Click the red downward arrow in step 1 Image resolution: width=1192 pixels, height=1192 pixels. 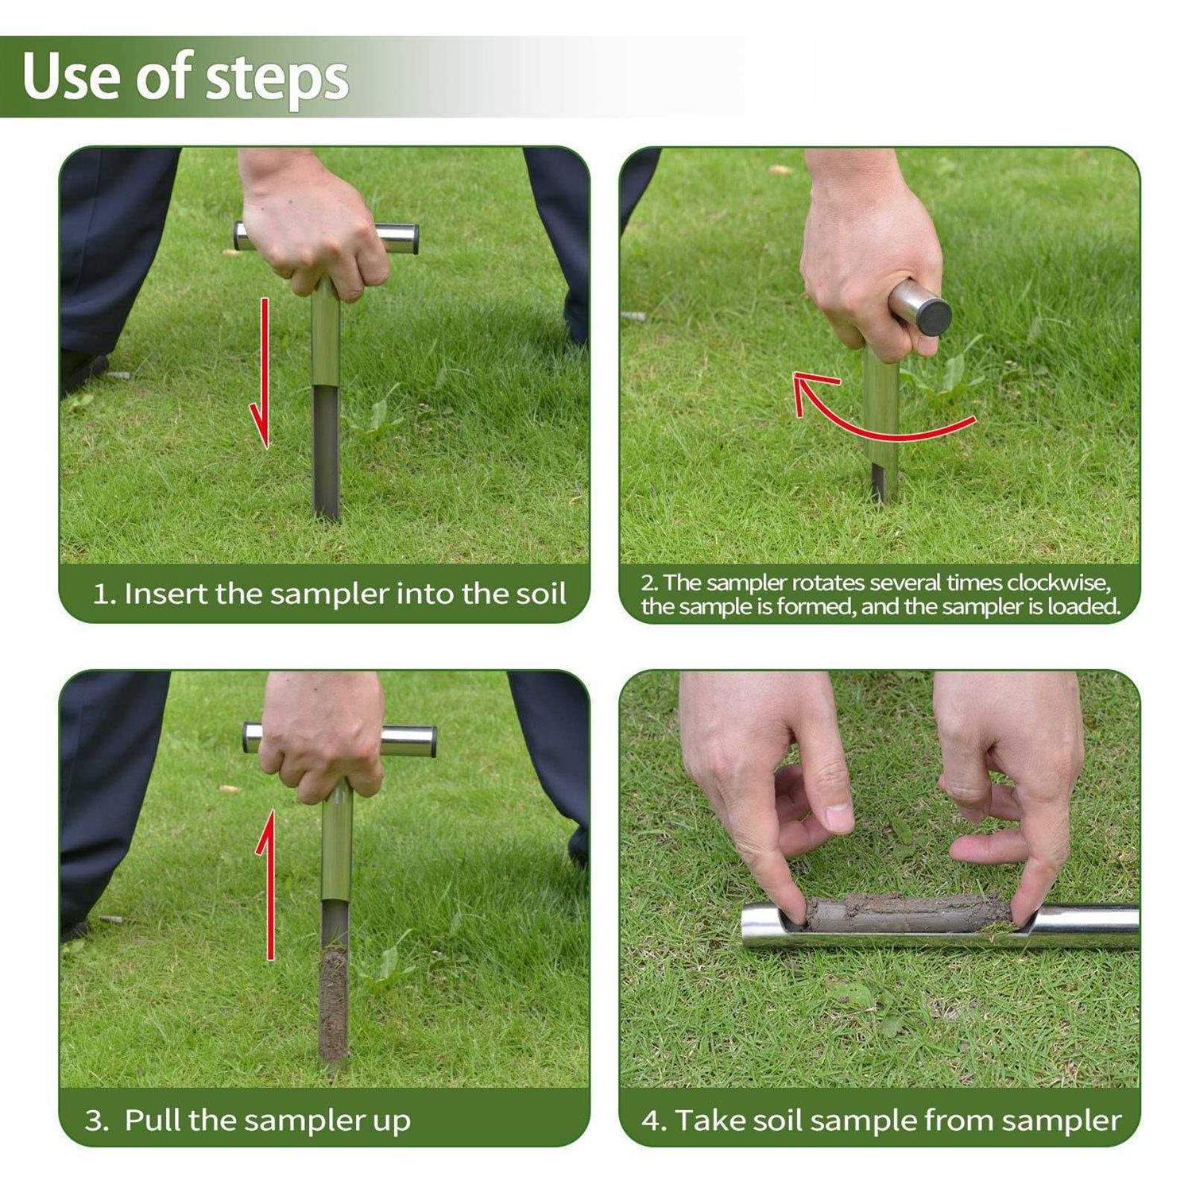tap(261, 373)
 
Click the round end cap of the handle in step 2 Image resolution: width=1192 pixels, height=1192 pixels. tap(931, 313)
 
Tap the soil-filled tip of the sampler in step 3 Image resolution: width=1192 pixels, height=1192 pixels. tap(332, 1005)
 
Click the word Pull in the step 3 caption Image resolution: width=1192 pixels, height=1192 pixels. tap(153, 1120)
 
